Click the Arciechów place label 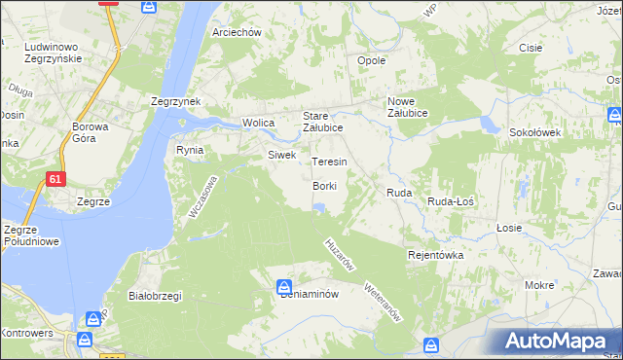[238, 32]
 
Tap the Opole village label [372, 60]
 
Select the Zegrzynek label [175, 101]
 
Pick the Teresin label [329, 162]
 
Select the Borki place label [325, 186]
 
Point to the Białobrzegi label [156, 296]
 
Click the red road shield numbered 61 [57, 178]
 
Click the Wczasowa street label [203, 198]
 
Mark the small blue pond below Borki [318, 206]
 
